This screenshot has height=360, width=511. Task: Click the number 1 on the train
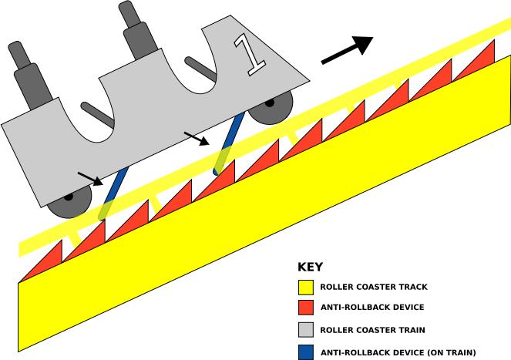(x=250, y=55)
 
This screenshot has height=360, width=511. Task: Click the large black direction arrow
(x=348, y=50)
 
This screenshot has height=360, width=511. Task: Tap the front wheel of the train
(x=271, y=107)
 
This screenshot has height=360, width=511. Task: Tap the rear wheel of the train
(x=69, y=201)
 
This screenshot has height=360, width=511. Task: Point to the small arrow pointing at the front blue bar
(x=197, y=139)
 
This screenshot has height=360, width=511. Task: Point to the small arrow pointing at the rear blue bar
(x=90, y=179)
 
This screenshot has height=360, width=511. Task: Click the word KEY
(x=310, y=267)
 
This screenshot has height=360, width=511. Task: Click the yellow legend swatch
(x=306, y=288)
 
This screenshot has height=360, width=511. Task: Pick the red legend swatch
(x=306, y=308)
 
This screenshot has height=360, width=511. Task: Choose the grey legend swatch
(x=306, y=330)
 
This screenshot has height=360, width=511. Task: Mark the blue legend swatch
(x=306, y=352)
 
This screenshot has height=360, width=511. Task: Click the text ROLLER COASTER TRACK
(x=374, y=287)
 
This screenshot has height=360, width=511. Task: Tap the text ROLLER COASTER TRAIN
(x=372, y=330)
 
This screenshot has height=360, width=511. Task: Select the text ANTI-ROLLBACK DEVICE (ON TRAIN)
(x=398, y=352)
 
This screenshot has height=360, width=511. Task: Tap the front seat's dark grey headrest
(x=138, y=31)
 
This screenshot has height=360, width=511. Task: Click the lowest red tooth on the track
(x=44, y=264)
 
